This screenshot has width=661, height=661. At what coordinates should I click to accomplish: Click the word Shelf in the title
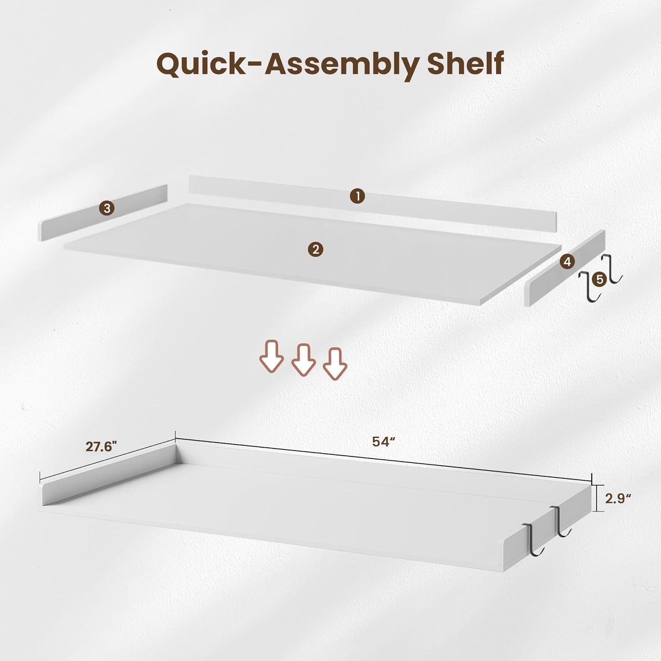[465, 63]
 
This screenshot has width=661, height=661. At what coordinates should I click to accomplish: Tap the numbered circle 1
[357, 196]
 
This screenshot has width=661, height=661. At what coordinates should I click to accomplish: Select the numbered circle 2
[316, 250]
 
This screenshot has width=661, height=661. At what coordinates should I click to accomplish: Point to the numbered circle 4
[567, 262]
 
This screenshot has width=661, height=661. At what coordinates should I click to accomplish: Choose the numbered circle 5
[600, 279]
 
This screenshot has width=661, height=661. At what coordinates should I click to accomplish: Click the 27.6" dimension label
[101, 447]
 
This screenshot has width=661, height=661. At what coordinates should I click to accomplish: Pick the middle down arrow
[304, 360]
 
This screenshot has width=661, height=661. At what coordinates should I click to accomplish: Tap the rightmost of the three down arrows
[335, 364]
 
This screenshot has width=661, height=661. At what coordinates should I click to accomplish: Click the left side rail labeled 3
[104, 212]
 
